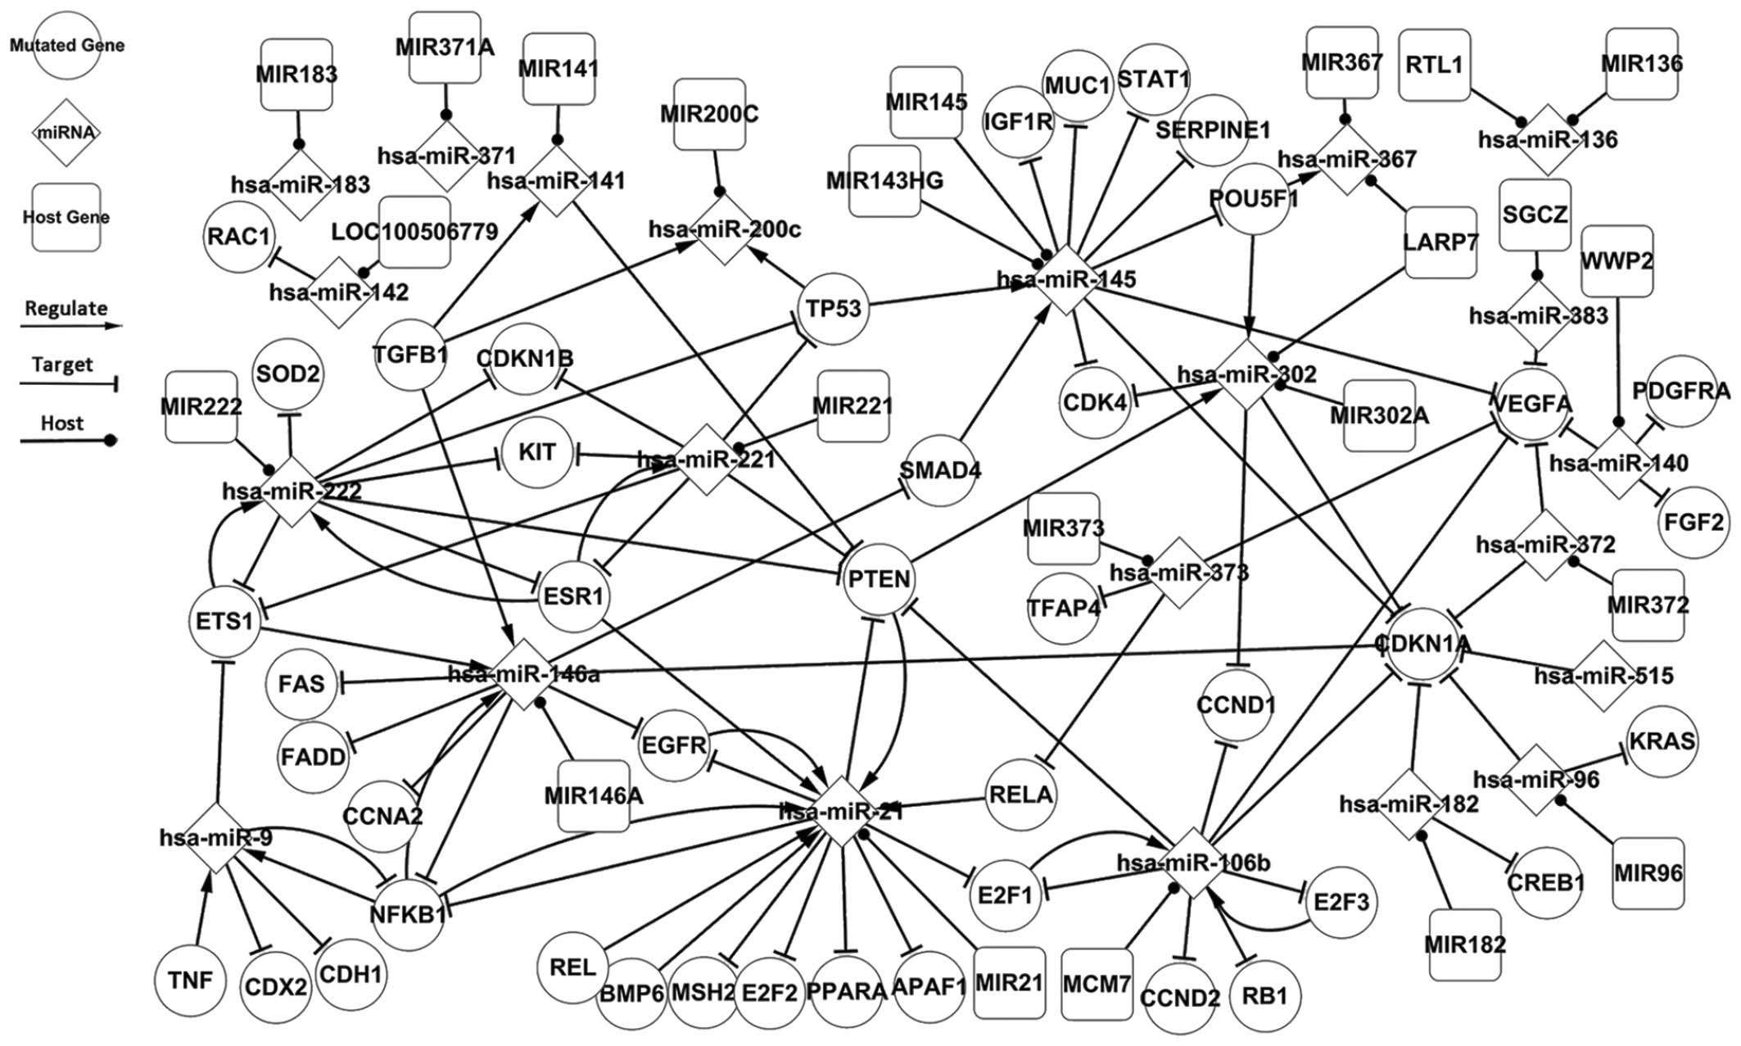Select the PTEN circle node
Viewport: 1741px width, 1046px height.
pos(880,580)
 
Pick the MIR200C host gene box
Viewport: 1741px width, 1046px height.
pos(709,115)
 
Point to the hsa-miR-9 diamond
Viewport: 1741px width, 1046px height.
pos(215,838)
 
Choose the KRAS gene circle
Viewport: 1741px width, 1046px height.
pos(1662,742)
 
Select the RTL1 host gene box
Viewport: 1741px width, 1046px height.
pos(1434,66)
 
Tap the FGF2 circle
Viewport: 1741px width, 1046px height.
pos(1693,522)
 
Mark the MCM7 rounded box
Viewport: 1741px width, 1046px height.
pos(1097,985)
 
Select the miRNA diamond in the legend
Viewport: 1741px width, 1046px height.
pos(66,133)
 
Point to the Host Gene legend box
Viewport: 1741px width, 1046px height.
pos(66,217)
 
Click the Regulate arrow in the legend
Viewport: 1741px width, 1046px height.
pos(70,325)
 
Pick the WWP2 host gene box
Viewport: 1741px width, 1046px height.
pos(1617,260)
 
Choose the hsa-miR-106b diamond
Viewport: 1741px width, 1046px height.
pos(1193,862)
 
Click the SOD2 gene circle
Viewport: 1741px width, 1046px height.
pos(287,375)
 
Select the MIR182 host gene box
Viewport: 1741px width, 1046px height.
pos(1465,944)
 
